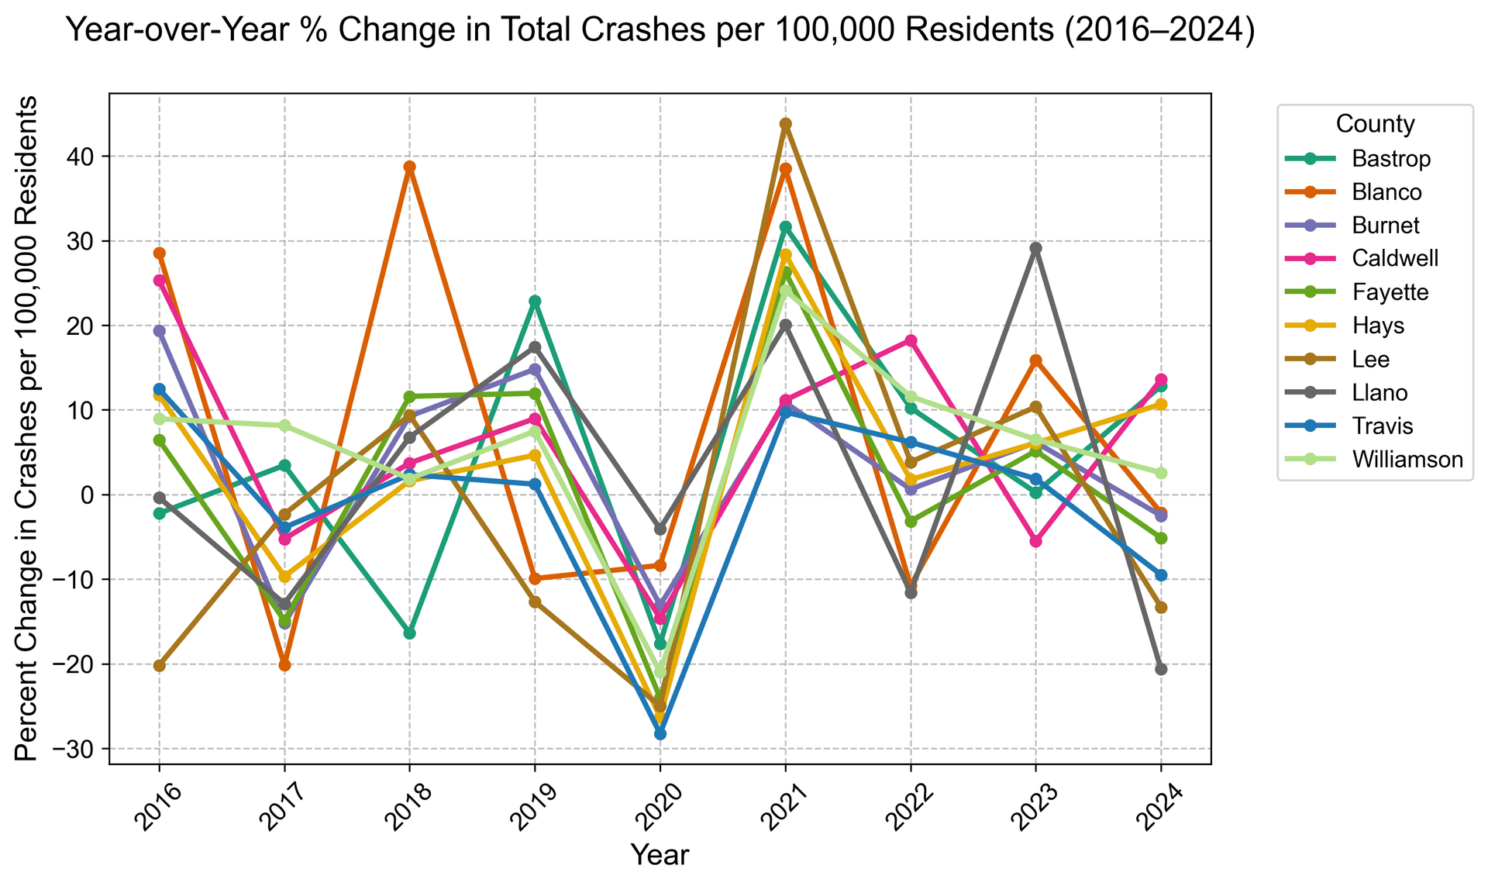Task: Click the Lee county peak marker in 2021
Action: [x=785, y=123]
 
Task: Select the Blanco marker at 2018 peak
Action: [x=409, y=167]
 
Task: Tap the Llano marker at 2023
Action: [x=1035, y=248]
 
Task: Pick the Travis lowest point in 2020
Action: [x=660, y=733]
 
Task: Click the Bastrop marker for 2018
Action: [x=409, y=633]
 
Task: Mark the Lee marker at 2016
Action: [x=159, y=665]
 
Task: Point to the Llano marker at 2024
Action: [x=1161, y=669]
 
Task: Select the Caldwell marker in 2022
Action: [x=911, y=340]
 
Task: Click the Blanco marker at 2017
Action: [x=284, y=665]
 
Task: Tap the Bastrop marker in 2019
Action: [x=535, y=301]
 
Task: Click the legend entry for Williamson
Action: [x=1407, y=460]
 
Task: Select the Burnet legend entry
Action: [x=1386, y=226]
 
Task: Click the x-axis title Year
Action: [x=660, y=855]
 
